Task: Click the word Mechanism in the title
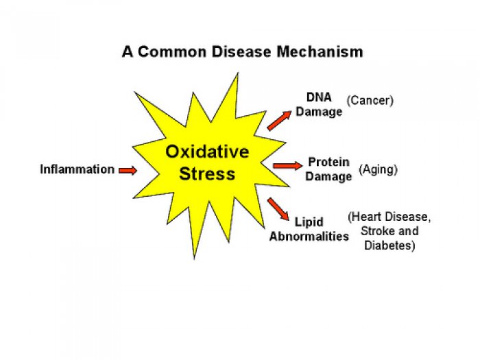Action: click(320, 51)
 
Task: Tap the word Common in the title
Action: click(172, 51)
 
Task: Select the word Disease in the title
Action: click(241, 51)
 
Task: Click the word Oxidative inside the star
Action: click(207, 152)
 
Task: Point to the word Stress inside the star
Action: click(207, 173)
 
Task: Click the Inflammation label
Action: click(77, 169)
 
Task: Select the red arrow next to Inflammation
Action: click(128, 170)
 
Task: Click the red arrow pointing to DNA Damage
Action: click(279, 120)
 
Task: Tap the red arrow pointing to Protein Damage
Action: click(287, 166)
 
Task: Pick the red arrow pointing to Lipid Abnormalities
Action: click(278, 209)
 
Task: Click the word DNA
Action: click(319, 97)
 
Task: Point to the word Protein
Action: click(328, 162)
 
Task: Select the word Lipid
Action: click(309, 222)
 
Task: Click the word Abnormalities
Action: click(309, 237)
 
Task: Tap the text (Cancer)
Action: click(370, 100)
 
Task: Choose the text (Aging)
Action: click(378, 169)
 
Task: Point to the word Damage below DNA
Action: click(319, 112)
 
